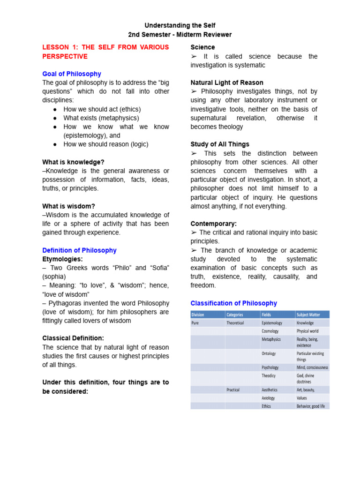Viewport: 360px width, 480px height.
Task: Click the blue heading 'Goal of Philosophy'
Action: coord(71,74)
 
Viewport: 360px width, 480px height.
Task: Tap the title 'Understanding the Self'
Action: coord(180,25)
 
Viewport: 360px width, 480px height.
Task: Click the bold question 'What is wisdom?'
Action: coord(68,206)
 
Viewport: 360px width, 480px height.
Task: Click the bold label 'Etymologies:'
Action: coord(62,259)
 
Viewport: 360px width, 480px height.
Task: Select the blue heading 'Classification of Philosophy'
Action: coord(233,303)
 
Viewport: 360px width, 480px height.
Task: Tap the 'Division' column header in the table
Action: coord(198,315)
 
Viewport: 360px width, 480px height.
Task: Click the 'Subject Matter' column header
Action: coord(308,315)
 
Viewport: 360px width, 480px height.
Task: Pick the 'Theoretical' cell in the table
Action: coord(235,323)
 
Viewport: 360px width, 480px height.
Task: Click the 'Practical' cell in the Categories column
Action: coord(233,390)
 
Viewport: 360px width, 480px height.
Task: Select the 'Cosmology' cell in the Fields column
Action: coord(270,331)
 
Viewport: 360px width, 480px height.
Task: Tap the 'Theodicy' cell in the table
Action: coord(269,375)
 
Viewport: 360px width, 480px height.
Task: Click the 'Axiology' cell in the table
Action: coord(269,398)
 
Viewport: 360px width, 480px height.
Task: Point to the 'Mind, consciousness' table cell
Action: coord(312,367)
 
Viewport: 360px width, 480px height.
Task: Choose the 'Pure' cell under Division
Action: coord(195,323)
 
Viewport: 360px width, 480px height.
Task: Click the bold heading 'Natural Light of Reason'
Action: coord(227,83)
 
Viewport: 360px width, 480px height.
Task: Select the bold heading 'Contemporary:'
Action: coord(213,224)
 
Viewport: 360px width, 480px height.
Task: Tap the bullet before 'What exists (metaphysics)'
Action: coord(55,118)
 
